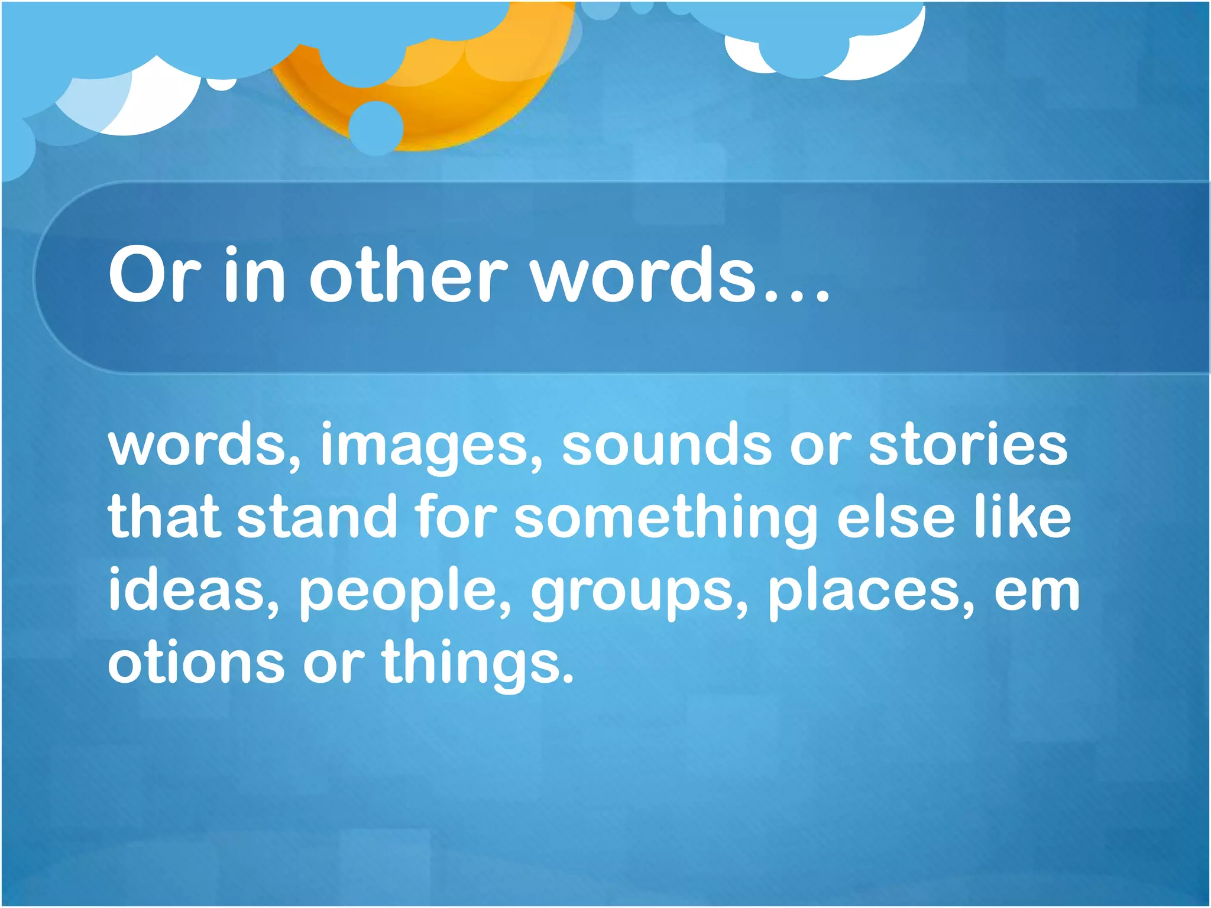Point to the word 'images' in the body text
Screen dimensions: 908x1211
[430, 446]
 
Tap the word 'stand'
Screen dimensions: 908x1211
[317, 517]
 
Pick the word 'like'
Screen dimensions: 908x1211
[1023, 517]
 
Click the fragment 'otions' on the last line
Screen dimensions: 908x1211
[196, 662]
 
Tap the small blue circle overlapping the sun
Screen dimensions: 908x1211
[376, 128]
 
